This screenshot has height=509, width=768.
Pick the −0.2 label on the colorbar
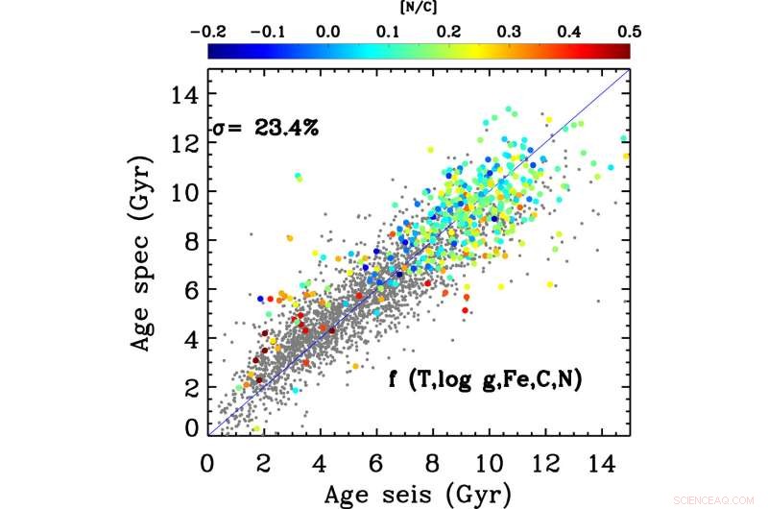[x=208, y=31]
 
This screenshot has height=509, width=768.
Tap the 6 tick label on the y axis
[x=192, y=288]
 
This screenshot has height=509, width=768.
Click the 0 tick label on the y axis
[x=192, y=427]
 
